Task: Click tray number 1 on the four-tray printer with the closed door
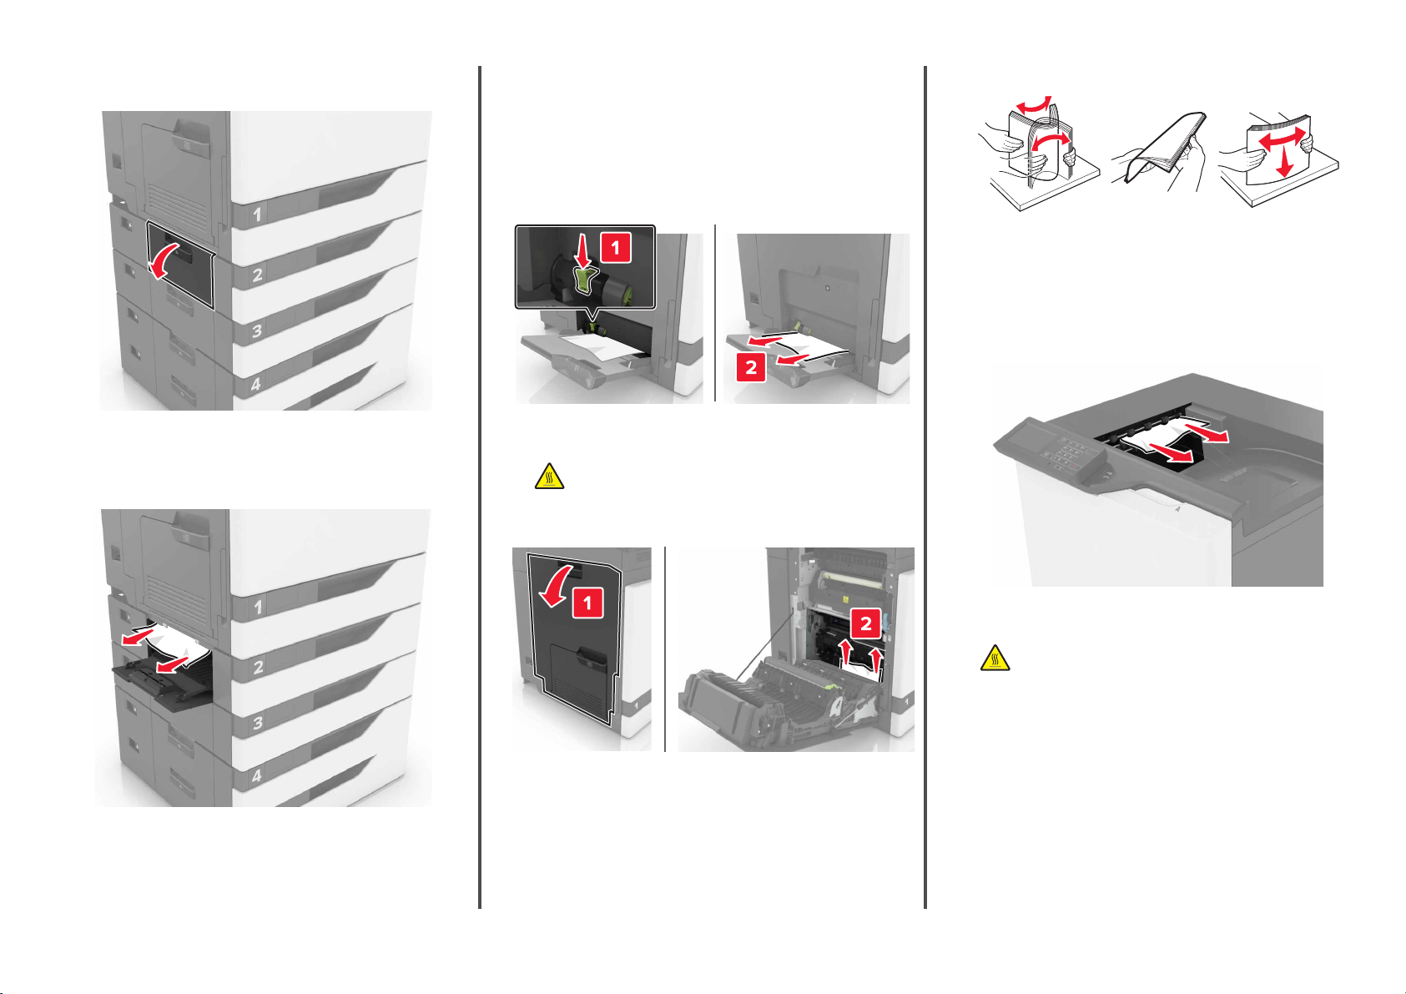tap(257, 215)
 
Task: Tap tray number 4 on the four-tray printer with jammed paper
tap(256, 776)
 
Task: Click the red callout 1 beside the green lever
tap(615, 247)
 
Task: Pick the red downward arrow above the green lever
tap(582, 250)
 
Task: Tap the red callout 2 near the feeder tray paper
tap(751, 367)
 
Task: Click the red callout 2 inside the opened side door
tap(865, 623)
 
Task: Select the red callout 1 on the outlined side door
tap(587, 603)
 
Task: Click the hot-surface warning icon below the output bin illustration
tap(995, 658)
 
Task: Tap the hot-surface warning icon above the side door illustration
tap(549, 477)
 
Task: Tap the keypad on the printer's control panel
tap(1071, 452)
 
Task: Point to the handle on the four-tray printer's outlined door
tap(181, 249)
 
